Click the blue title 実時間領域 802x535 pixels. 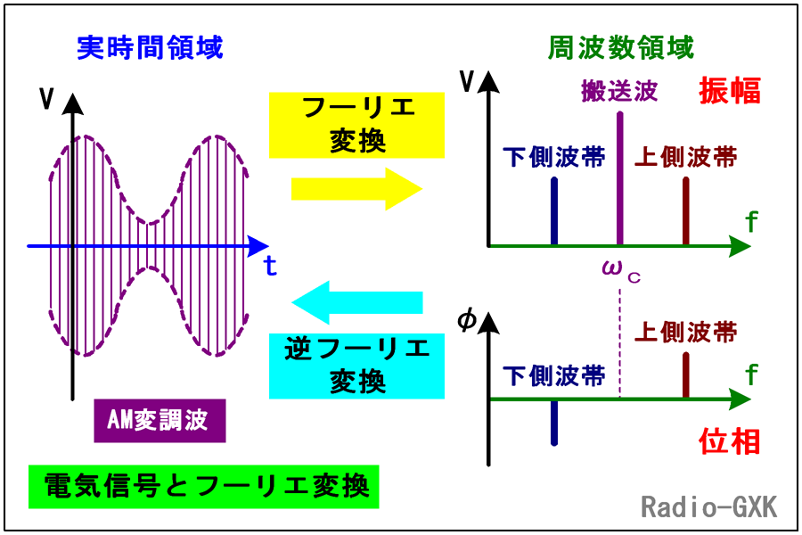pyautogui.click(x=150, y=48)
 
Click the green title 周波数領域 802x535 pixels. pyautogui.click(x=620, y=48)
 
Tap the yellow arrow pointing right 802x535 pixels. pyautogui.click(x=356, y=189)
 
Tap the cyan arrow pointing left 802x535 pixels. pyautogui.click(x=356, y=302)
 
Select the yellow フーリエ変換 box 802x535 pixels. pyautogui.click(x=356, y=125)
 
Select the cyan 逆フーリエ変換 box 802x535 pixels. pyautogui.click(x=356, y=366)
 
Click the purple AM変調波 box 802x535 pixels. pyautogui.click(x=160, y=420)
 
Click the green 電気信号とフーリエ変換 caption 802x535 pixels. pyautogui.click(x=203, y=486)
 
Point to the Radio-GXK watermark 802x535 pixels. pyautogui.click(x=709, y=507)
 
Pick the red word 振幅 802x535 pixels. pyautogui.click(x=729, y=91)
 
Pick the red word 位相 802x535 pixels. pyautogui.click(x=729, y=442)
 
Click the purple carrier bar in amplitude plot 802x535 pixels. pyautogui.click(x=620, y=178)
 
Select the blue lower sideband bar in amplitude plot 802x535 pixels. pyautogui.click(x=554, y=211)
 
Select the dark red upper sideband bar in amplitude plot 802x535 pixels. pyautogui.click(x=686, y=211)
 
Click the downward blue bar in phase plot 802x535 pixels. pyautogui.click(x=554, y=423)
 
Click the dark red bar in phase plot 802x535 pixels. pyautogui.click(x=686, y=374)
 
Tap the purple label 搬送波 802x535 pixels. pyautogui.click(x=619, y=91)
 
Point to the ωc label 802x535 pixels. pyautogui.click(x=621, y=271)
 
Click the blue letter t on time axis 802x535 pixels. pyautogui.click(x=270, y=266)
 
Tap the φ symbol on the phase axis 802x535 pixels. pyautogui.click(x=466, y=320)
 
